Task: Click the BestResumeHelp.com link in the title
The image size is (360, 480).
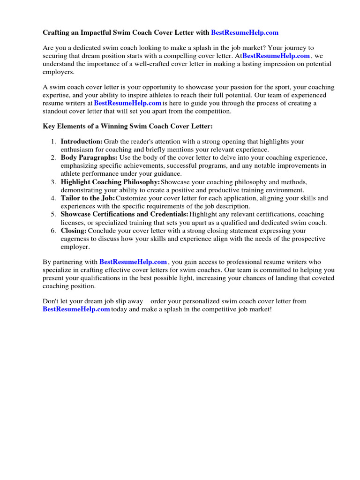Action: [245, 33]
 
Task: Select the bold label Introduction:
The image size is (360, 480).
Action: [82, 142]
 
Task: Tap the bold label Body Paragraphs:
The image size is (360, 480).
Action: [89, 157]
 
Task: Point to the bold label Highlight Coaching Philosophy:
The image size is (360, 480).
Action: [110, 182]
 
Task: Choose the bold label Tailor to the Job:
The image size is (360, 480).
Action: [88, 198]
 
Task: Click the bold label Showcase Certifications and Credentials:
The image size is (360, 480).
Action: [124, 214]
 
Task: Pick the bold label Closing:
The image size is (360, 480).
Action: [74, 231]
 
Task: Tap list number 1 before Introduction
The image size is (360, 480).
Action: [53, 142]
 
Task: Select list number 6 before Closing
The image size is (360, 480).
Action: [53, 231]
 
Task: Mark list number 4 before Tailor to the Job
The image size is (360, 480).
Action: [53, 198]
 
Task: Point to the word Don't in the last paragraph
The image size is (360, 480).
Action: [52, 301]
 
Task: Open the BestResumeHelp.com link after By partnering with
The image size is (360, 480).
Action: [133, 262]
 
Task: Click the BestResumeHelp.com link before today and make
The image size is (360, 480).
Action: [76, 309]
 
